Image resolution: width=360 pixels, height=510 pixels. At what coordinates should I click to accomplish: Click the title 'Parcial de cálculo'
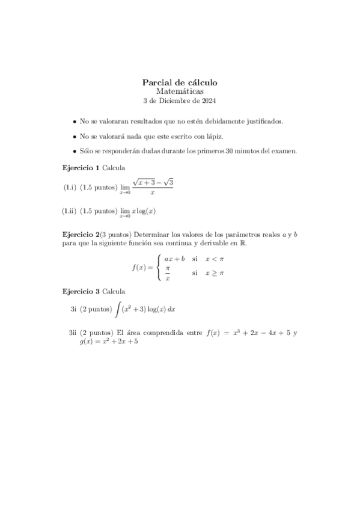(x=180, y=82)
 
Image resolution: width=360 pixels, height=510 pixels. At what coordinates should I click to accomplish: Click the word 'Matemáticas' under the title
(x=180, y=91)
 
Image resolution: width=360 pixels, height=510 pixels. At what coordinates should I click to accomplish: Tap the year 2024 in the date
(x=209, y=100)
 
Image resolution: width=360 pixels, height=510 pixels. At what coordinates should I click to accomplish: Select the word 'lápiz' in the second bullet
(x=212, y=137)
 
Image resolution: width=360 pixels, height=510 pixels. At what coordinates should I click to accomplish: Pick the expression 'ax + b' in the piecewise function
(x=174, y=259)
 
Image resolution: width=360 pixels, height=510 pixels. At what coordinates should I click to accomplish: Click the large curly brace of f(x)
(x=157, y=268)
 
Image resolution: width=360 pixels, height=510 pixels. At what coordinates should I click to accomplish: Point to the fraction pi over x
(x=168, y=274)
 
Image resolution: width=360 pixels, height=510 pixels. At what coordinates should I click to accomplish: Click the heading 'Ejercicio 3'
(x=81, y=292)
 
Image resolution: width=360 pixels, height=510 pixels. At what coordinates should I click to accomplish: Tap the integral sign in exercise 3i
(x=117, y=310)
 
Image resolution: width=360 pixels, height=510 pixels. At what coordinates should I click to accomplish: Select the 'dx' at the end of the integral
(x=171, y=310)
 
